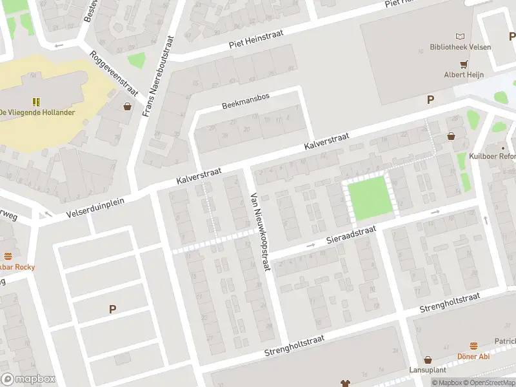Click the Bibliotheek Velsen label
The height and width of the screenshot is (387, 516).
pyautogui.click(x=460, y=47)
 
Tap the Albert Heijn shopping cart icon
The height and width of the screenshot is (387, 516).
pyautogui.click(x=463, y=64)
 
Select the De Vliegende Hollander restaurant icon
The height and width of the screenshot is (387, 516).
pyautogui.click(x=36, y=101)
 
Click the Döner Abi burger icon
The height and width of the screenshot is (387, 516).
pyautogui.click(x=473, y=346)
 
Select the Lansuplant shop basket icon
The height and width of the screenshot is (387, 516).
pyautogui.click(x=427, y=360)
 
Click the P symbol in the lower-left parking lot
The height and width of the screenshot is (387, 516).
pyautogui.click(x=112, y=310)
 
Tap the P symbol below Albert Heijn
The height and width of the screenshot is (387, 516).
pyautogui.click(x=430, y=99)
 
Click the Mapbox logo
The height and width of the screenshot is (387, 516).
pyautogui.click(x=28, y=379)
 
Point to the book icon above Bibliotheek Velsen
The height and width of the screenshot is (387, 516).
pyautogui.click(x=460, y=36)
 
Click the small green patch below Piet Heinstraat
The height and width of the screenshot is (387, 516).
pyautogui.click(x=137, y=62)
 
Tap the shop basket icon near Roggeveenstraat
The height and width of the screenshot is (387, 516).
pyautogui.click(x=128, y=106)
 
